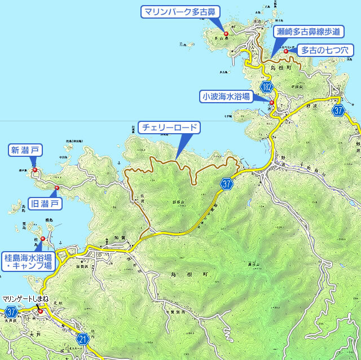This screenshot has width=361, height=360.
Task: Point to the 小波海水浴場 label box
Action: click(x=226, y=96)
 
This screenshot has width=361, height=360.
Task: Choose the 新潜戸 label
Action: click(x=26, y=150)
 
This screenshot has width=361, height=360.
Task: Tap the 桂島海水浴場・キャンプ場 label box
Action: click(x=28, y=260)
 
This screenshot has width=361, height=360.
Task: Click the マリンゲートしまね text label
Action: click(x=25, y=298)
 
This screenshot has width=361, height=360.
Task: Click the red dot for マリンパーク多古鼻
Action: click(x=226, y=34)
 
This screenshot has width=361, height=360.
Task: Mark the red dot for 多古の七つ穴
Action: click(x=286, y=51)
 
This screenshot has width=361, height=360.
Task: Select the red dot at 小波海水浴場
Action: click(x=272, y=102)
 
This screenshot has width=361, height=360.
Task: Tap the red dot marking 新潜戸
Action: click(x=34, y=169)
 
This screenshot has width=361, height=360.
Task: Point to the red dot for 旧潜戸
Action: click(x=57, y=187)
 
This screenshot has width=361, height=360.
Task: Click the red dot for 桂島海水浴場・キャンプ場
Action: click(x=43, y=238)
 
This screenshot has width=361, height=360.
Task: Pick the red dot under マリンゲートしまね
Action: click(x=40, y=311)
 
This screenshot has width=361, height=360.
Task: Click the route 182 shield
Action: click(x=267, y=87)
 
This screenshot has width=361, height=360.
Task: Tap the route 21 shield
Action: click(x=82, y=339)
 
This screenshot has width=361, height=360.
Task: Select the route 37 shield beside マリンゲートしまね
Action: click(x=11, y=311)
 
